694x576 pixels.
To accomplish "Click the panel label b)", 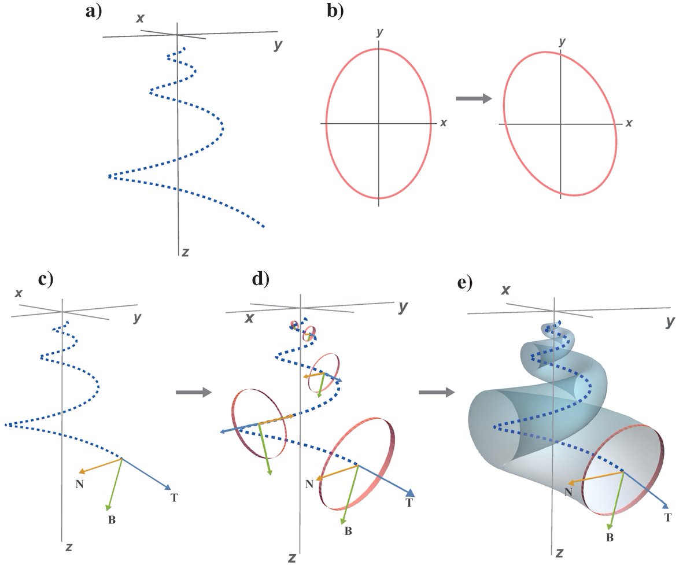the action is pos(335,11).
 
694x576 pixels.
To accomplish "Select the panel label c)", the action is pos(45,279).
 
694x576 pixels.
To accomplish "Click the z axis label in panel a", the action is pos(185,252).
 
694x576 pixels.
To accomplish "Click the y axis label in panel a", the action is pos(278,45).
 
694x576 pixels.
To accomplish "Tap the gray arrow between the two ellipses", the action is pos(473,99).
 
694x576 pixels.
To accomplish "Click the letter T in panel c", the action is pos(174,497).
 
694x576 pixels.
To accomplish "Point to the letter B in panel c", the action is pos(112,520).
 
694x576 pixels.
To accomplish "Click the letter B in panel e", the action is pos(610,537).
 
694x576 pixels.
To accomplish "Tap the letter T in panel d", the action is pos(409,503).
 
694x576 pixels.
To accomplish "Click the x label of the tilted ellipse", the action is pos(629,123).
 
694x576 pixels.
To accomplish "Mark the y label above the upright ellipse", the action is pos(379,33).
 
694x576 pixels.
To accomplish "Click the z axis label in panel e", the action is pos(559,553).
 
